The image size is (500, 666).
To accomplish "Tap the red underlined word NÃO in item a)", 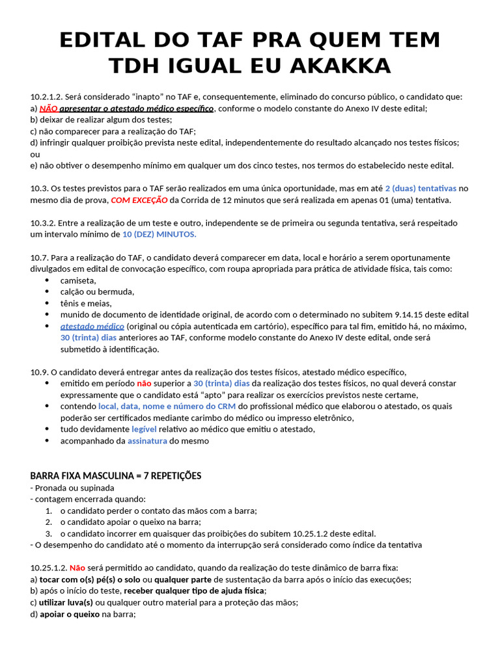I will pos(49,109).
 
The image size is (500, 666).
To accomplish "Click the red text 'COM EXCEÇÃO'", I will pos(138,200).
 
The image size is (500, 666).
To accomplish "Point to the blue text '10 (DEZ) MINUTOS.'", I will pos(160,234).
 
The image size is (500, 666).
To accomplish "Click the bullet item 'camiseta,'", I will pos(78,280).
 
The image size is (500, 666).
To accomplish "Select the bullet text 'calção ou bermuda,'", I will pos(97,291).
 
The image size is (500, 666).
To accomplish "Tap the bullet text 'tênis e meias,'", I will pos(86,303).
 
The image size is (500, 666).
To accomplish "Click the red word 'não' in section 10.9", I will pos(144,383).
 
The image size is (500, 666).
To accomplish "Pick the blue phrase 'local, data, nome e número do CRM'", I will pos(167,406).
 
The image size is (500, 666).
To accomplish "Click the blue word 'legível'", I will pos(144,429).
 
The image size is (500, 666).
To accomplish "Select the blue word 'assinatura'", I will pos(147,440).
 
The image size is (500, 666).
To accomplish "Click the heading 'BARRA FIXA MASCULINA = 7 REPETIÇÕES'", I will pos(116,475).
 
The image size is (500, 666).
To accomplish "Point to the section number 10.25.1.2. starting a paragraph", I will pos(49,567).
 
